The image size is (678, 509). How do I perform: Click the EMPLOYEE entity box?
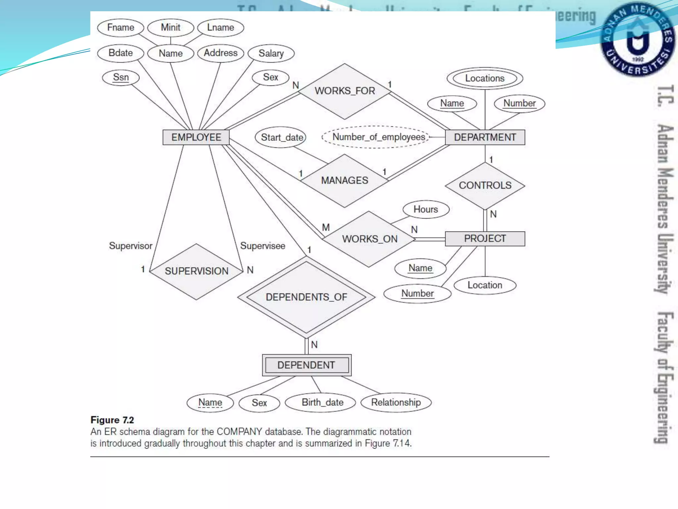(196, 137)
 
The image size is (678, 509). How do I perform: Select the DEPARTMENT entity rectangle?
(485, 137)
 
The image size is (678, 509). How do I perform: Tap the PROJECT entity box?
(485, 239)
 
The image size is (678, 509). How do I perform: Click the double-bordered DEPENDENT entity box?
(307, 365)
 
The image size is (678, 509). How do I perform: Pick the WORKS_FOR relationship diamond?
(345, 91)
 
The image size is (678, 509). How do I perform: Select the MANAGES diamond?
(344, 181)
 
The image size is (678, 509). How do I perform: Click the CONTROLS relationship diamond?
(485, 186)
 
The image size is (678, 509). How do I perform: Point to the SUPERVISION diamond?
(197, 271)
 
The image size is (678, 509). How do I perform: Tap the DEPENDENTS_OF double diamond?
(306, 297)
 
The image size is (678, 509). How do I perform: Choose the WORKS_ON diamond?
(369, 239)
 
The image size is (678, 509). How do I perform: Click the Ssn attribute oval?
(121, 78)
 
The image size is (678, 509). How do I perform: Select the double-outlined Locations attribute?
(485, 79)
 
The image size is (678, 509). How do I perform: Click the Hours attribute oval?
(426, 209)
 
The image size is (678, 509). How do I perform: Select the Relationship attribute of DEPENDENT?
(396, 403)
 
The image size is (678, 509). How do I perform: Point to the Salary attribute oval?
(271, 53)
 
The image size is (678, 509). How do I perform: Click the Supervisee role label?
(263, 246)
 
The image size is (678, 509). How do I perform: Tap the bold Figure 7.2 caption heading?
(112, 420)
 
